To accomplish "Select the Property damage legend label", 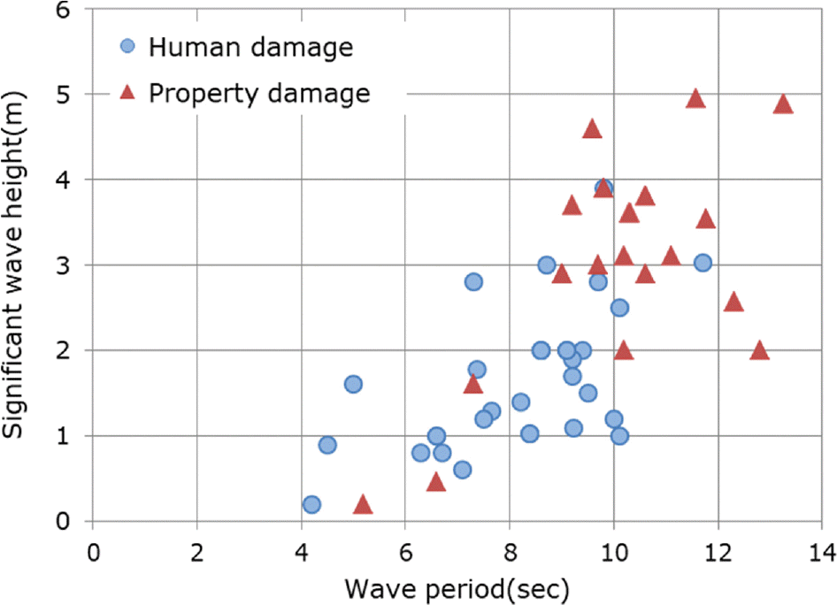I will pos(259,92).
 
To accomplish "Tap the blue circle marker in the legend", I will pos(127,45).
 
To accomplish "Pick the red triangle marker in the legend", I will pos(127,91).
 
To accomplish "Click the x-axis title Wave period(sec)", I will pos(457,588).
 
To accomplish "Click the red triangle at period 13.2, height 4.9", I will pos(782,104).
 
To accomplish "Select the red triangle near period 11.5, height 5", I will pos(695,98).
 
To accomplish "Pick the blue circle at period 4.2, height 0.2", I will pos(311,504).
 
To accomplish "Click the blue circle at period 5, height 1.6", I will pos(353,384).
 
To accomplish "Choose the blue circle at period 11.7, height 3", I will pos(703,263).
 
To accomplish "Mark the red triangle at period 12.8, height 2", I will pos(759,351).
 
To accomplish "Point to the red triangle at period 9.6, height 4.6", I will pos(592,130).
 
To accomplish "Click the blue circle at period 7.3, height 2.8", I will pos(473,281).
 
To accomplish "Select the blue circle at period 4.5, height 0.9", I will pos(327,444).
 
